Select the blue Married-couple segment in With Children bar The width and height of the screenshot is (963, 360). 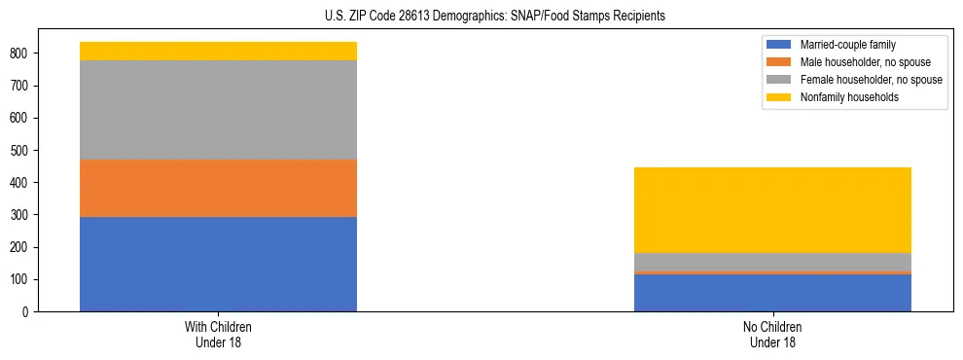click(218, 264)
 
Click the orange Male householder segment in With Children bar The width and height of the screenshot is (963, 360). click(218, 188)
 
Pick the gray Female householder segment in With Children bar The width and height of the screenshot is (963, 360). click(218, 110)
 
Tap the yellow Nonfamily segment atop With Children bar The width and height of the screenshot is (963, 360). click(218, 51)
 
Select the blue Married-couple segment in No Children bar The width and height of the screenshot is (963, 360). click(772, 293)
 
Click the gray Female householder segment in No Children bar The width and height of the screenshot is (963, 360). click(772, 262)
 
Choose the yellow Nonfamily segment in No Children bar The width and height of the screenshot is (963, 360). click(772, 209)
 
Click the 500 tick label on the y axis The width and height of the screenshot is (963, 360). click(23, 150)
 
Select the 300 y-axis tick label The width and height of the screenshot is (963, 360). click(23, 215)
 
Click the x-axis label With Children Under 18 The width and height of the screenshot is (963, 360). click(218, 334)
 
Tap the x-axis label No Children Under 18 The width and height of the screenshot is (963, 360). click(772, 334)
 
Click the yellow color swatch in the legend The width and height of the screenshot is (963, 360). click(779, 97)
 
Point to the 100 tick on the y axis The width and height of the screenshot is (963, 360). click(23, 280)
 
